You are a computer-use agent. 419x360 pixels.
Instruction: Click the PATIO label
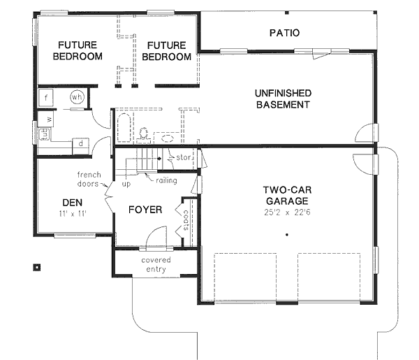(x=284, y=33)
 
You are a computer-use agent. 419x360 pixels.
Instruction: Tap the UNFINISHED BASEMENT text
(x=282, y=99)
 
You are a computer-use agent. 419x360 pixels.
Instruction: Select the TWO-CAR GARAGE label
(x=286, y=194)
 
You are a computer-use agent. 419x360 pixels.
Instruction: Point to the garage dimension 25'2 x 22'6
(x=286, y=210)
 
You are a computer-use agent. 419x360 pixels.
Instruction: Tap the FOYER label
(x=145, y=210)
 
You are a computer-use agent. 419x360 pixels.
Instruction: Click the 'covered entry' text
(x=156, y=265)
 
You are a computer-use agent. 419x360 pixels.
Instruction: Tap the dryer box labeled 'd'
(x=80, y=144)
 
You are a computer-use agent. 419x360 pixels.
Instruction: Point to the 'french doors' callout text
(x=89, y=180)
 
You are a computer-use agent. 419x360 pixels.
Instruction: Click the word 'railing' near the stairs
(x=166, y=180)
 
